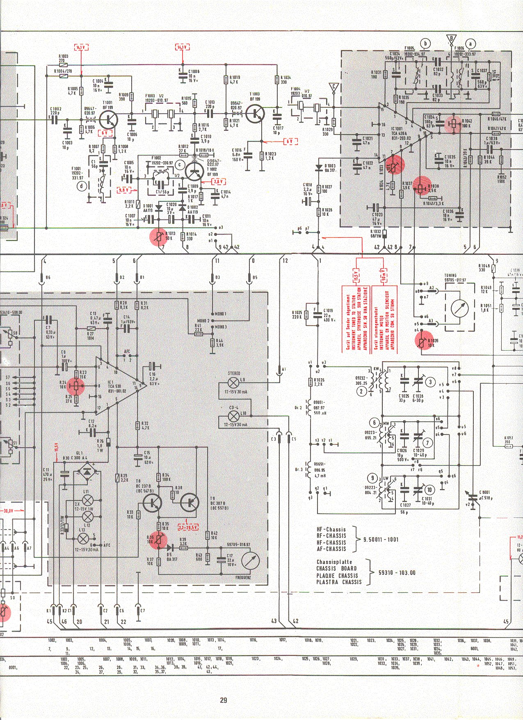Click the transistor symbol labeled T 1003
258,113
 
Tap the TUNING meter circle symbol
459,308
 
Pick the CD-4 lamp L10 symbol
233,417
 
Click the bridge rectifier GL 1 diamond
87,472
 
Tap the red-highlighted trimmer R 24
76,386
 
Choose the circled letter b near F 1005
426,43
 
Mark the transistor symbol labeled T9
190,501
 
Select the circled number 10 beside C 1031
429,489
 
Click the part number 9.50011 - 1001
381,539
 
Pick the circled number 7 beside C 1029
427,443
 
